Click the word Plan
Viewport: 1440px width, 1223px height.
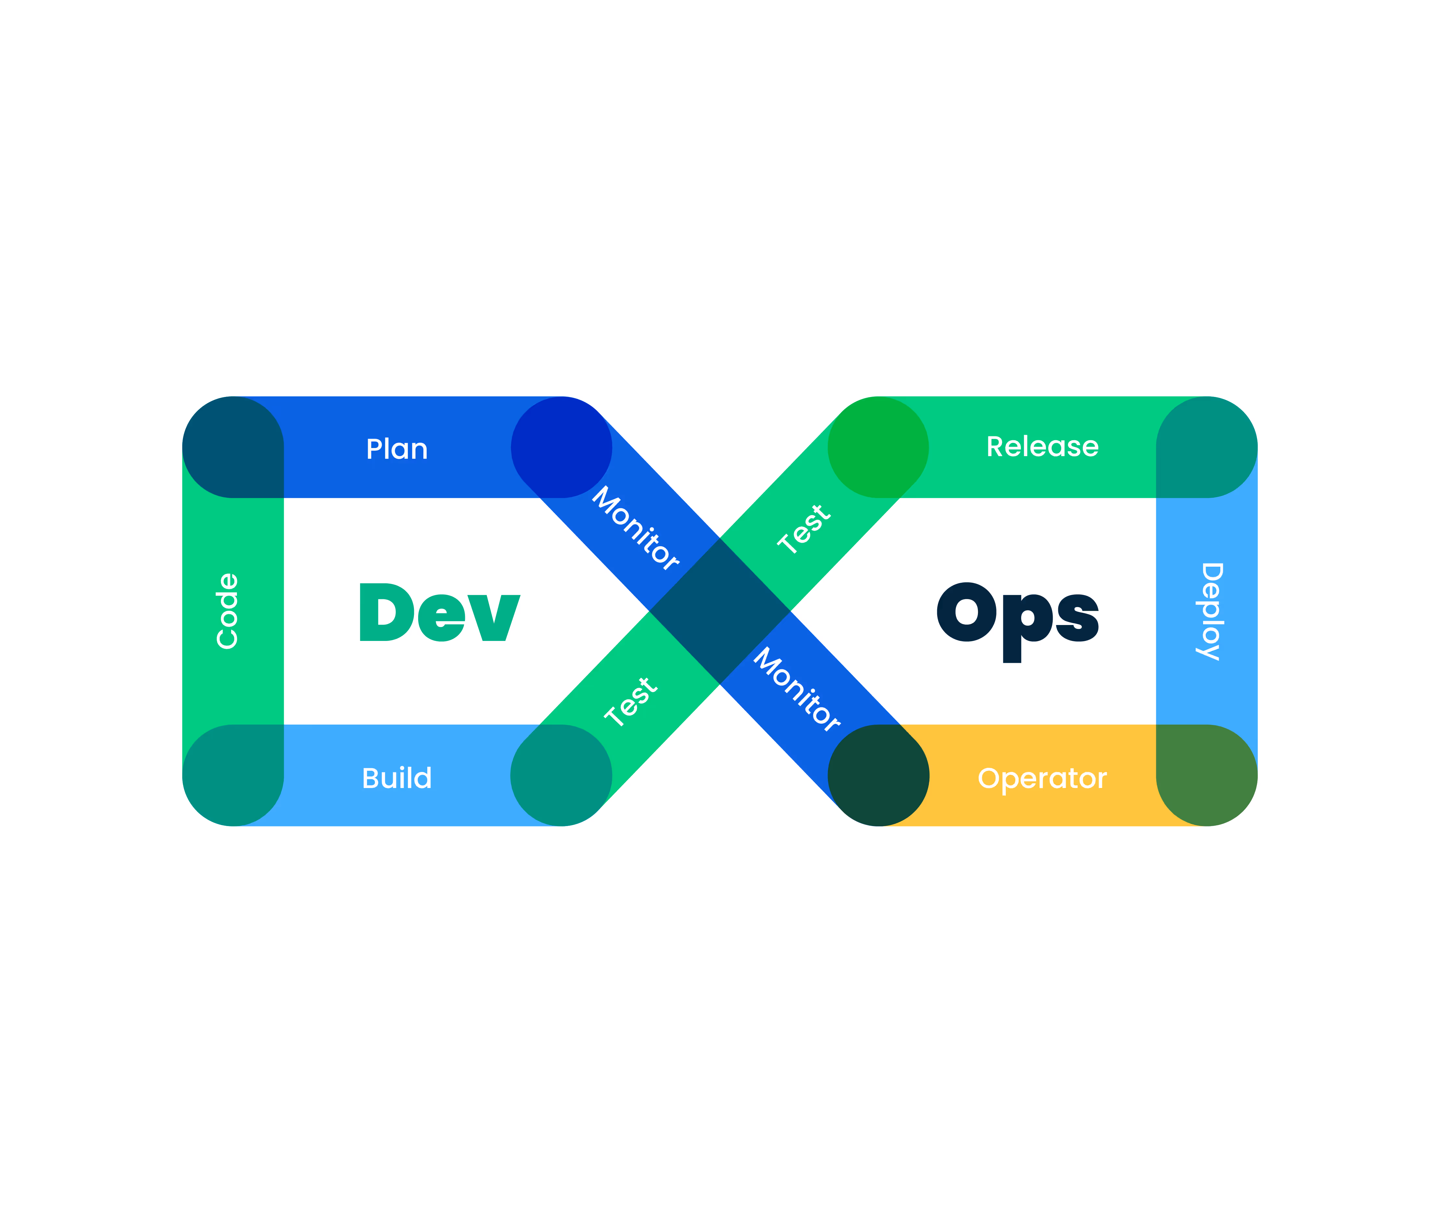coord(397,449)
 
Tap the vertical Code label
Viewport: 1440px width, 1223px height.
coord(227,611)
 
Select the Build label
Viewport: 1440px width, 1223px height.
coord(397,778)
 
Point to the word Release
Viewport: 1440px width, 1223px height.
coord(1042,446)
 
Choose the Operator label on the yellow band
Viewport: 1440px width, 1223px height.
coord(1042,778)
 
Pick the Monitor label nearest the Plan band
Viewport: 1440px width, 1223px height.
coord(635,528)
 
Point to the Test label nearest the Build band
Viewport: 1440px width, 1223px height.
coord(630,702)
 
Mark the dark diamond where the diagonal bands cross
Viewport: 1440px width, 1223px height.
coord(720,611)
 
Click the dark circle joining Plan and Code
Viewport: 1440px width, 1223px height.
coord(233,447)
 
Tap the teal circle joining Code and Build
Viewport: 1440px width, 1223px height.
coord(233,775)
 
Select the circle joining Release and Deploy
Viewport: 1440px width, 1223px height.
coord(1206,447)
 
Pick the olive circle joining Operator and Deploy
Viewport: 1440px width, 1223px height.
coord(1206,775)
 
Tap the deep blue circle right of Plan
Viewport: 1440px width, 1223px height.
coord(562,447)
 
